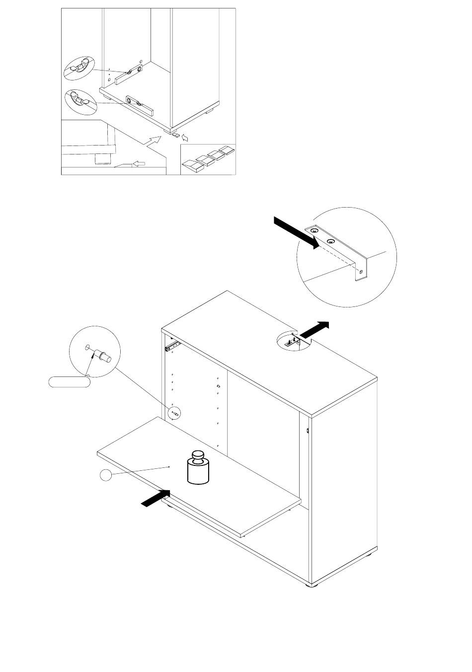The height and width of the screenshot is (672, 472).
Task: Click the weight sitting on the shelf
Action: [x=199, y=467]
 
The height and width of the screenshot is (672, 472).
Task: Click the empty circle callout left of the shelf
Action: [x=105, y=475]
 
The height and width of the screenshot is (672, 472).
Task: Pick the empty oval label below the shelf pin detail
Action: [x=69, y=381]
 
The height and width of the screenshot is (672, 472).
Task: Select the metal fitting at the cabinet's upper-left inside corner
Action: [x=171, y=344]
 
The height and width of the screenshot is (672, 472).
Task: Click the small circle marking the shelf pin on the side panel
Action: [x=175, y=412]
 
